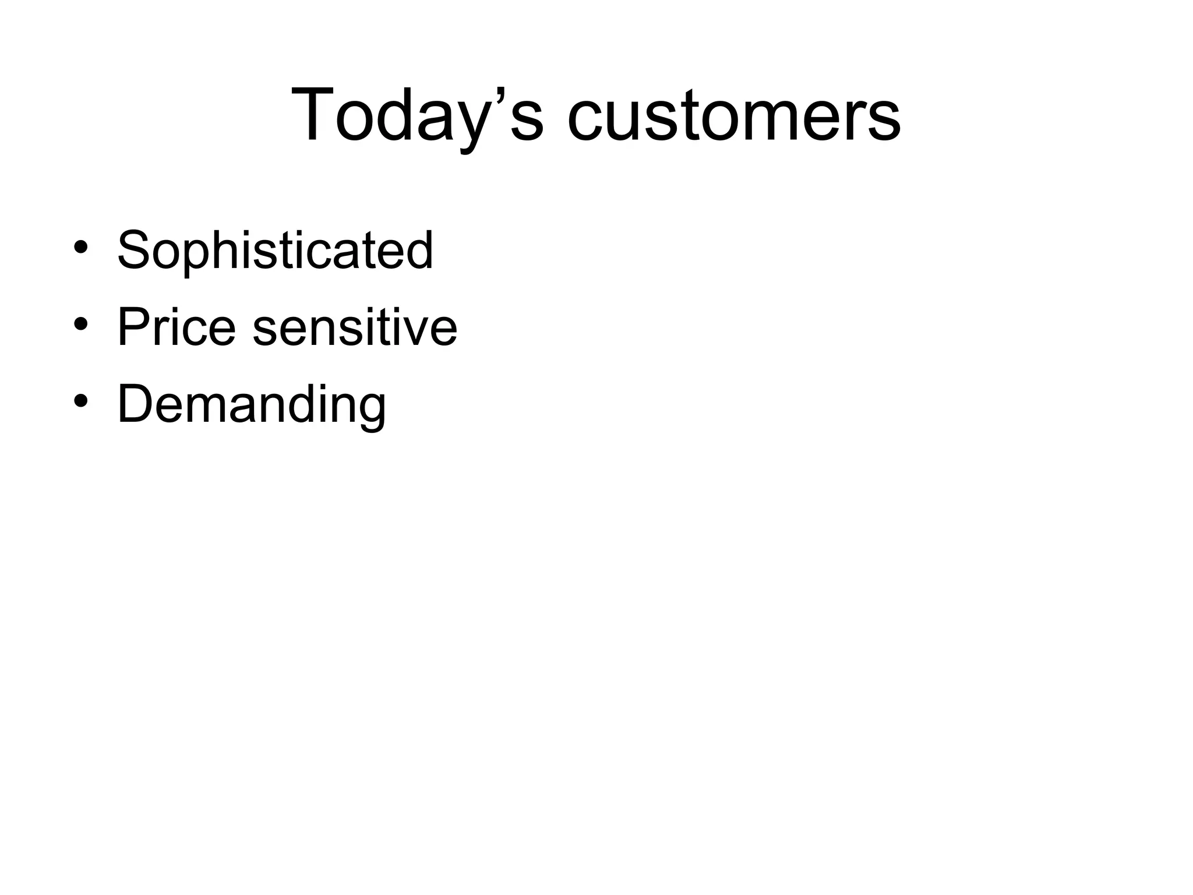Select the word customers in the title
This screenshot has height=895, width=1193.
(x=734, y=115)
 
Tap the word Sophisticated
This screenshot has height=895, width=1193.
(x=275, y=251)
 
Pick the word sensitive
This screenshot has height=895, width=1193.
(x=355, y=327)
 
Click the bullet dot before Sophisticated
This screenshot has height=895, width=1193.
(x=80, y=247)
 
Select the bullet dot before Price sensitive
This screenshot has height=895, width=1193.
(x=80, y=324)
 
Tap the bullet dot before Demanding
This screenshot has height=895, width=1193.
(x=80, y=401)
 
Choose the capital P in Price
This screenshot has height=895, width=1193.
(x=133, y=327)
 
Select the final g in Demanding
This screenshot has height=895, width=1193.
(x=370, y=410)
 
